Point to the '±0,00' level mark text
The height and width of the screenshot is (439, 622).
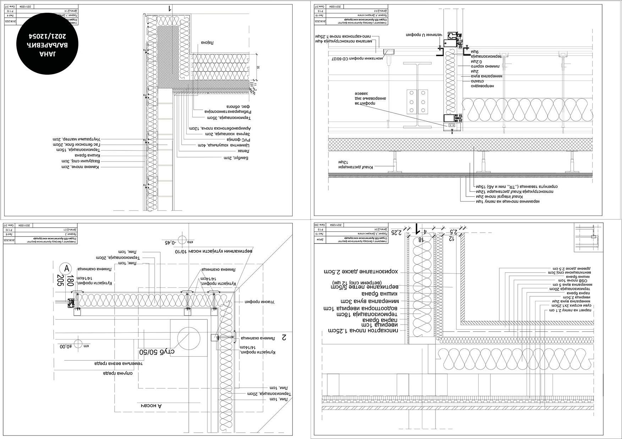66,347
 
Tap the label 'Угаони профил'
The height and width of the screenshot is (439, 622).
260,302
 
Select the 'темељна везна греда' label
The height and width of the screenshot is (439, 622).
118,363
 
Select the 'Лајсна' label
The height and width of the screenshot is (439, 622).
207,42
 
